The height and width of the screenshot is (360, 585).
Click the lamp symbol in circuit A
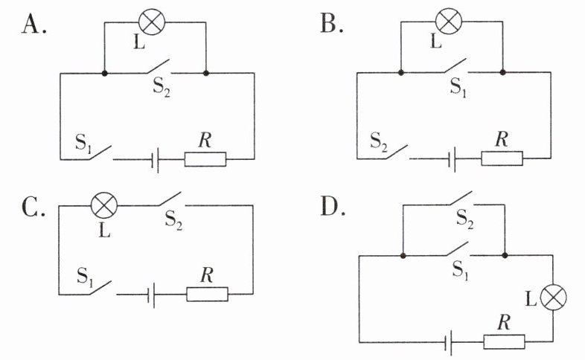pyautogui.click(x=152, y=22)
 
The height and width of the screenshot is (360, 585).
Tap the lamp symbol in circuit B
pyautogui.click(x=449, y=21)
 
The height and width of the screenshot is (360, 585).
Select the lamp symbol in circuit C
pyautogui.click(x=104, y=205)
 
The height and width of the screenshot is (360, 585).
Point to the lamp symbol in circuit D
pyautogui.click(x=553, y=298)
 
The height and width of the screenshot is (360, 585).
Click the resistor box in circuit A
pyautogui.click(x=205, y=159)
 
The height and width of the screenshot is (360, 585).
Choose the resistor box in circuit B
pyautogui.click(x=502, y=158)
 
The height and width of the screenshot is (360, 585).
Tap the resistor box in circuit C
pyautogui.click(x=207, y=294)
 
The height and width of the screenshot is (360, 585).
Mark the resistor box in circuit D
pyautogui.click(x=504, y=341)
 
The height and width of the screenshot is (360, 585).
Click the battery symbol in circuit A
pyautogui.click(x=156, y=159)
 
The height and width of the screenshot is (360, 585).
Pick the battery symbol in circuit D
pyautogui.click(x=450, y=342)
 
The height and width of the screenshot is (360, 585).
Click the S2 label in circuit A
pyautogui.click(x=162, y=88)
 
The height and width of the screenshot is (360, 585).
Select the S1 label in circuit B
pyautogui.click(x=458, y=87)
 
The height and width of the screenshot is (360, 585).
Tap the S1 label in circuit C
pyautogui.click(x=85, y=277)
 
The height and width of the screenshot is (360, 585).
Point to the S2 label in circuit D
pyautogui.click(x=465, y=219)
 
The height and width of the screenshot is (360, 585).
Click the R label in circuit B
pyautogui.click(x=502, y=139)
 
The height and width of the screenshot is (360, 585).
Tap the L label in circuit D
pyautogui.click(x=531, y=298)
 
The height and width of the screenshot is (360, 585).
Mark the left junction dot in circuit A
pyautogui.click(x=104, y=73)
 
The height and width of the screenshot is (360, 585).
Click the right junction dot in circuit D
pyautogui.click(x=505, y=255)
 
